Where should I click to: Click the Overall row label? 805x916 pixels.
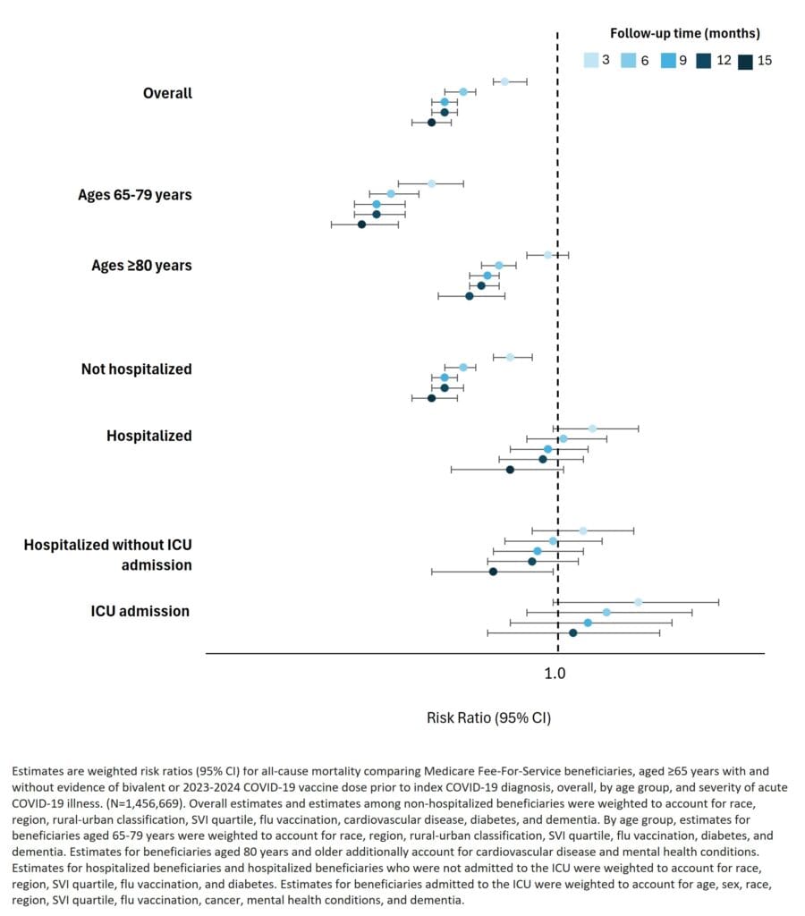(167, 93)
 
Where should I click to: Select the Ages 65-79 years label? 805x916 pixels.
(135, 194)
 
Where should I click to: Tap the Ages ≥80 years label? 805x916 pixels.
(141, 266)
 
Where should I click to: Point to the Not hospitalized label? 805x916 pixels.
(137, 369)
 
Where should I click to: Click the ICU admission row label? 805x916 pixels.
(140, 611)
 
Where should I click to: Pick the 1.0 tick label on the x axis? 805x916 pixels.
(555, 674)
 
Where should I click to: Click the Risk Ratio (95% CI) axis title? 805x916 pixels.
(489, 718)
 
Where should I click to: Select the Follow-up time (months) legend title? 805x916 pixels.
(685, 33)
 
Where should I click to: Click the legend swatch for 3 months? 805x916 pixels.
(591, 60)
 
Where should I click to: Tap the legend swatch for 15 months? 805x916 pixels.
(745, 62)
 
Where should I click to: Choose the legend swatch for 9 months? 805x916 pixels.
(668, 60)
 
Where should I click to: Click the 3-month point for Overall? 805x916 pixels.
(504, 81)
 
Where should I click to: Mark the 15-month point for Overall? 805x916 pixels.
(432, 122)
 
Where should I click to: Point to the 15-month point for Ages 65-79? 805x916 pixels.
(361, 225)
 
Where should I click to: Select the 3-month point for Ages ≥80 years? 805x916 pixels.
(548, 255)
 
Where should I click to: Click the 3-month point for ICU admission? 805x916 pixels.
(638, 602)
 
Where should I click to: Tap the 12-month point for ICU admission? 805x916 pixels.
(573, 632)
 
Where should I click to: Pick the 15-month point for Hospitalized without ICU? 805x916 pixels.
(493, 572)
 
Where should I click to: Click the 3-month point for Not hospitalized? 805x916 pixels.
(510, 357)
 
